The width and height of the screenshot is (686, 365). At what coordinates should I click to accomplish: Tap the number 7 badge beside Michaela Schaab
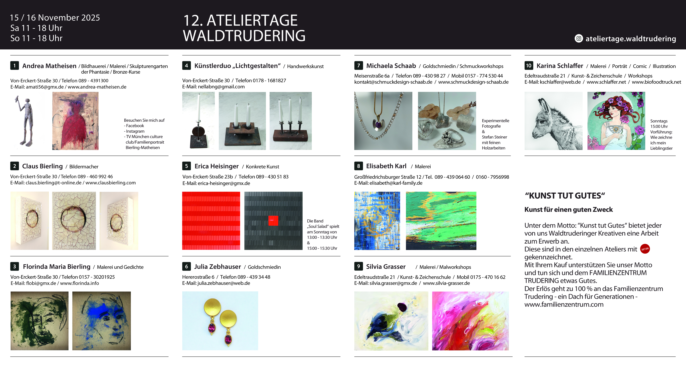(359, 66)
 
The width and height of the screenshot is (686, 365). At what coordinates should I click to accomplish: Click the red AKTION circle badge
(645, 249)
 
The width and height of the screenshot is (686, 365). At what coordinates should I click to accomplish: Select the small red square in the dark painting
(273, 221)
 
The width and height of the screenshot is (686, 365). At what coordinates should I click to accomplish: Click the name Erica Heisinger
(216, 166)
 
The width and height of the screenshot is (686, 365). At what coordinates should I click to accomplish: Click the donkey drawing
(553, 121)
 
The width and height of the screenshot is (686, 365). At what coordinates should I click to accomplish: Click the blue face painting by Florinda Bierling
(101, 321)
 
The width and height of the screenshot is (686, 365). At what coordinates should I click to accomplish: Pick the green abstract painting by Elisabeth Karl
(441, 221)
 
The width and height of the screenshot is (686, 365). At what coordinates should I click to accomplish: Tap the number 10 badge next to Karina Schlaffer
(529, 66)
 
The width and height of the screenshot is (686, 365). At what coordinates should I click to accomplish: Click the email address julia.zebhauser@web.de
(224, 283)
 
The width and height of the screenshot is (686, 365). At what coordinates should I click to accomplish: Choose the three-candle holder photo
(291, 121)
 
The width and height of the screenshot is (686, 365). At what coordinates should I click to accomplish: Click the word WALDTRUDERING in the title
(244, 36)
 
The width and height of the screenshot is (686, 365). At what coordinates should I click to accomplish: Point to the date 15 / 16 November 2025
(55, 18)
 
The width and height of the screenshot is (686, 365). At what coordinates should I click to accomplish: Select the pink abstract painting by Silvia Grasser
(470, 321)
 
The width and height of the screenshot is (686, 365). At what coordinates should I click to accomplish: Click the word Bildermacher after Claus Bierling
(84, 167)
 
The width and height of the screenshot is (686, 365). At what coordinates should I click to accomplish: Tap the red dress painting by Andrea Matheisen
(75, 121)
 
